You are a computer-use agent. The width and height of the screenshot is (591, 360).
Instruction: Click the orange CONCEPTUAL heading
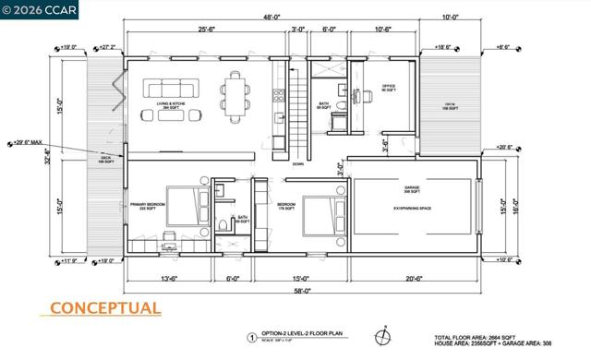tap(104, 308)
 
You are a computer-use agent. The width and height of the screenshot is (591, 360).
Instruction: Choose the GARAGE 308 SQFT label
tap(413, 190)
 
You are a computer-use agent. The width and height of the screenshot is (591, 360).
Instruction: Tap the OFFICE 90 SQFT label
tap(389, 88)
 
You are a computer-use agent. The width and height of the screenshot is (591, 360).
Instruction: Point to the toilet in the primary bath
tap(224, 226)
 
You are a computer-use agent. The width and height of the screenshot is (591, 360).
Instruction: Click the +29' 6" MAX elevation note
tap(27, 143)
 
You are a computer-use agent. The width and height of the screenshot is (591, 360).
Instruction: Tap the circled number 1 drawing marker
tap(251, 337)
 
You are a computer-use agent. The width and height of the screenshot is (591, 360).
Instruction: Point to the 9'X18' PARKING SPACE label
tap(412, 209)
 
